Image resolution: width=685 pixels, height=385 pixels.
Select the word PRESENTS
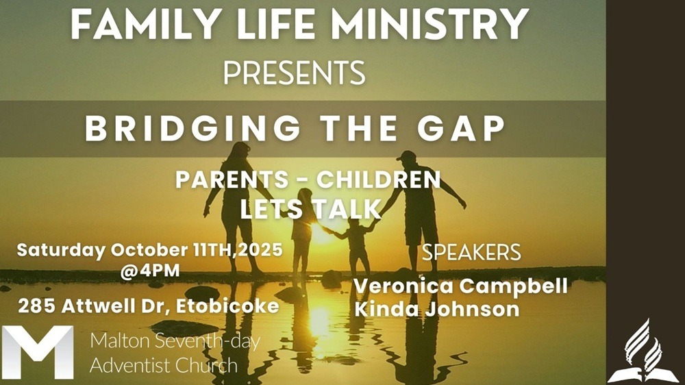(x=294, y=73)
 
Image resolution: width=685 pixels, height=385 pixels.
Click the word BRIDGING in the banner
(x=192, y=129)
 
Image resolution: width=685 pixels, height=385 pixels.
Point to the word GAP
(x=461, y=129)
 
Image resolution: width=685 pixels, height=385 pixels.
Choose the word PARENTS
(x=232, y=179)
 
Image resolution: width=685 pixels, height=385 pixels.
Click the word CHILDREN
(x=378, y=179)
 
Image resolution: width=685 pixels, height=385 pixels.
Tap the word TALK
(x=347, y=210)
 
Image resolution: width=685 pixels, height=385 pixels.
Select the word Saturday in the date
(x=61, y=251)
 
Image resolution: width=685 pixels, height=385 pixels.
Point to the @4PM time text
(x=150, y=271)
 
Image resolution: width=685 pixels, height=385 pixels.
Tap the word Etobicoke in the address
(x=227, y=306)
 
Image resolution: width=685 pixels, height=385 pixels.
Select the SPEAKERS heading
(x=471, y=252)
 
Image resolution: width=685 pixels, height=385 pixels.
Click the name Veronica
(x=403, y=286)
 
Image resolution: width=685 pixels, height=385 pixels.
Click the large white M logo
(x=38, y=352)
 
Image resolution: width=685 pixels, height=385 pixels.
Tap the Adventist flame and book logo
(x=643, y=351)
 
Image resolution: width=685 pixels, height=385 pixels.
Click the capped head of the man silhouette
(x=407, y=160)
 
